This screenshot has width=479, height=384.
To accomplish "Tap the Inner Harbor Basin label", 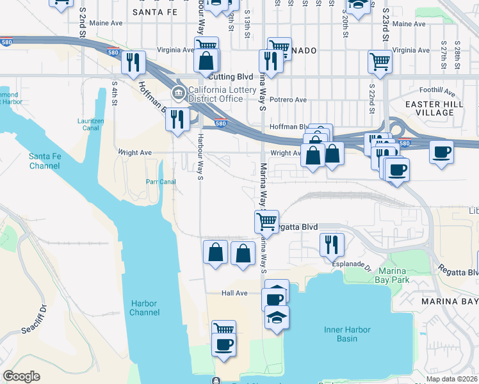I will point(347,334).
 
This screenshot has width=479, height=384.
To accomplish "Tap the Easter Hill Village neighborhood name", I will point(430,108).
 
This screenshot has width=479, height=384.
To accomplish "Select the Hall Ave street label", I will point(234,293).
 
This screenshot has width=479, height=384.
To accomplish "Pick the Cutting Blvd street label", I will point(232,77).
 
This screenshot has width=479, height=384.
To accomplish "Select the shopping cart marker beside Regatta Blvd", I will point(266,221).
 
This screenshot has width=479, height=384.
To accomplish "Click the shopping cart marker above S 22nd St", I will point(380,62).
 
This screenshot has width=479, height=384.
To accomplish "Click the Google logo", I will point(21,376).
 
